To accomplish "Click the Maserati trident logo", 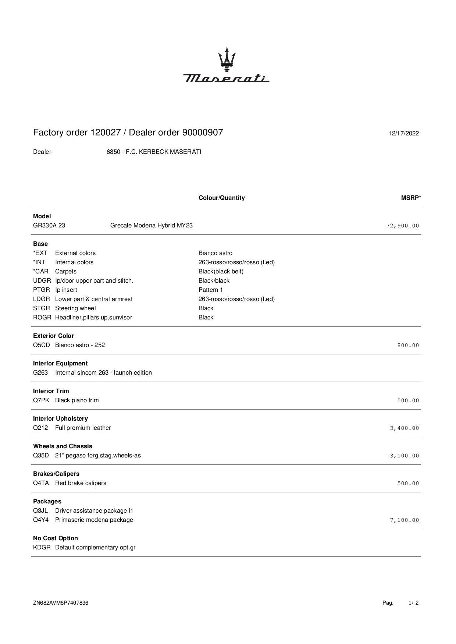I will (227, 59).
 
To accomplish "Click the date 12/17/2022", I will (403, 134).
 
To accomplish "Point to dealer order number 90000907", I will (203, 132).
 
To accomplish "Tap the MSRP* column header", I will (411, 198).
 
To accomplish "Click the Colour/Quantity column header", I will (221, 198).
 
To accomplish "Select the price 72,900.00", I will (402, 226).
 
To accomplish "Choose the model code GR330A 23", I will (49, 225).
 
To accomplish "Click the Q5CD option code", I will (41, 345).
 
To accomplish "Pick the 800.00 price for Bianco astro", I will (408, 345).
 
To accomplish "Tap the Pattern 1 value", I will (211, 290).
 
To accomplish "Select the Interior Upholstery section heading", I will (60, 418).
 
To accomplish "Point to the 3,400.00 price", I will (404, 428).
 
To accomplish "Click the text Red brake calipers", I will (81, 483).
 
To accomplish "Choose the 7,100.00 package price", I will (404, 520).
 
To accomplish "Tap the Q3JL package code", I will (40, 510).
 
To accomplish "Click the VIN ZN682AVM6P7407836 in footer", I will (61, 603).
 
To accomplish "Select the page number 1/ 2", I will (413, 603).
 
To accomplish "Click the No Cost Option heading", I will (55, 538).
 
